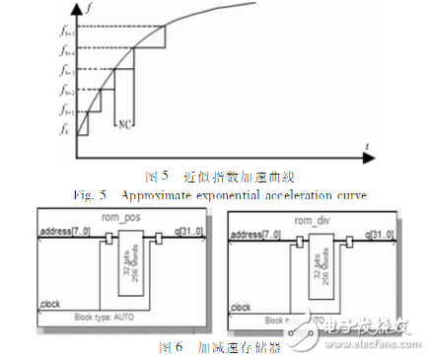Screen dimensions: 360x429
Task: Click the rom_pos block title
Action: (x=114, y=218)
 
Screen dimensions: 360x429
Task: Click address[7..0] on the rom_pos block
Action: (x=64, y=232)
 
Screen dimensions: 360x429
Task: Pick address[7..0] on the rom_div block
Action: (x=257, y=232)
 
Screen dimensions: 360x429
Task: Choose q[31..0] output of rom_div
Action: (x=380, y=232)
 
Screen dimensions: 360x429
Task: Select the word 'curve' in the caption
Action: (x=351, y=195)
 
